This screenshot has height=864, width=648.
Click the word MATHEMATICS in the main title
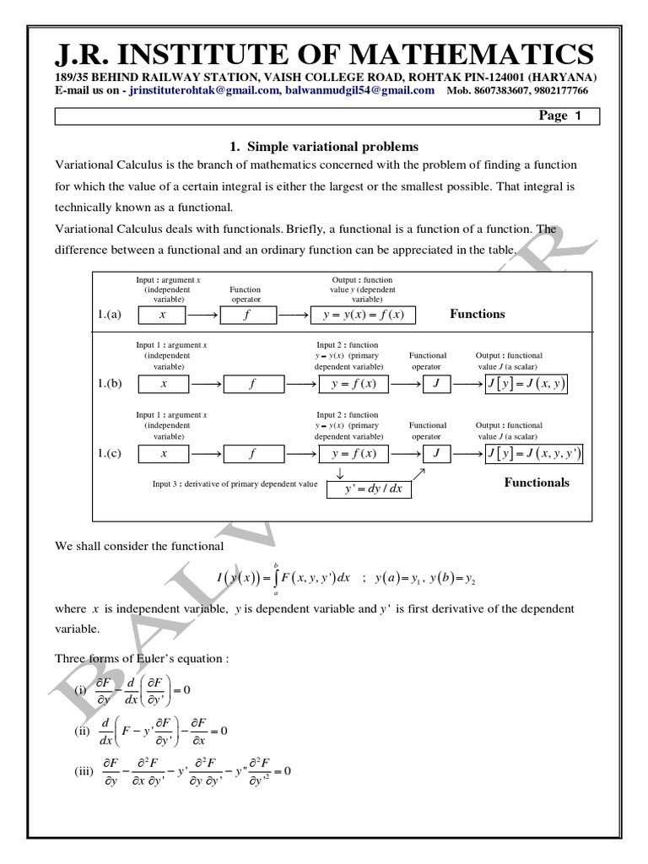click(478, 55)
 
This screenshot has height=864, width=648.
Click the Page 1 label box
click(560, 116)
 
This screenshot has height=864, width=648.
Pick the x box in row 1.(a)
click(164, 315)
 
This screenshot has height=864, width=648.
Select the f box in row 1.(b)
click(251, 384)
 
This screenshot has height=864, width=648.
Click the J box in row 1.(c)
click(436, 454)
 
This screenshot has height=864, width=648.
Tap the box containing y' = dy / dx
click(370, 487)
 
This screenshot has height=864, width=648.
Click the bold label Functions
click(478, 314)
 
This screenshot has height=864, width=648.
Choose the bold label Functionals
click(537, 483)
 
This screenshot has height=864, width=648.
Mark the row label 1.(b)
click(110, 384)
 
